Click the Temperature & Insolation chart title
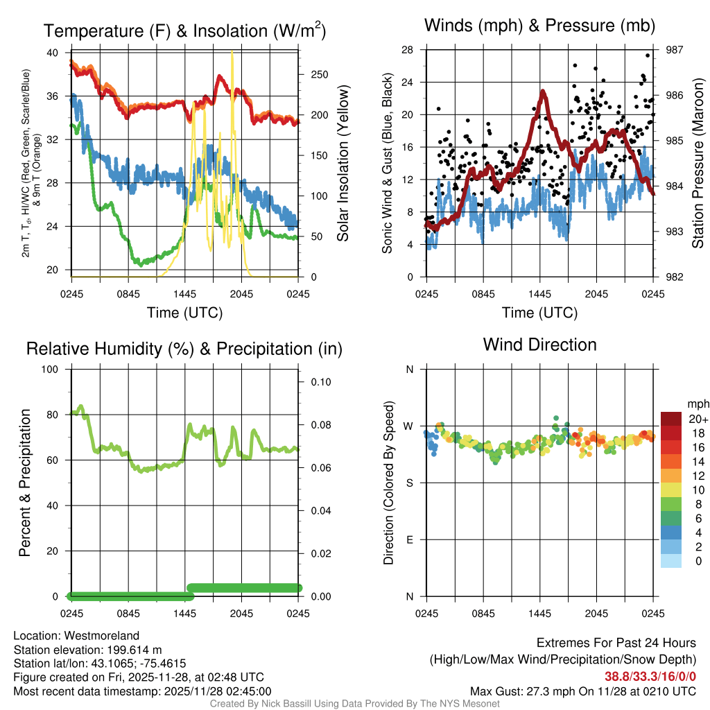[185, 31]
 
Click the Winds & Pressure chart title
[539, 26]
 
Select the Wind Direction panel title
[539, 345]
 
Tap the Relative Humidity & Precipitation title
[184, 349]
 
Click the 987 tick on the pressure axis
[675, 50]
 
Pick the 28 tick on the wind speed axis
[408, 50]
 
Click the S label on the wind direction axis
[410, 483]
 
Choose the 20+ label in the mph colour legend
[697, 419]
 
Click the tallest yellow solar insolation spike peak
[232, 54]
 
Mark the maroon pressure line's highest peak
[543, 91]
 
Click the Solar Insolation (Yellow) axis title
[343, 164]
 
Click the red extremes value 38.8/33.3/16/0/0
[650, 676]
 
